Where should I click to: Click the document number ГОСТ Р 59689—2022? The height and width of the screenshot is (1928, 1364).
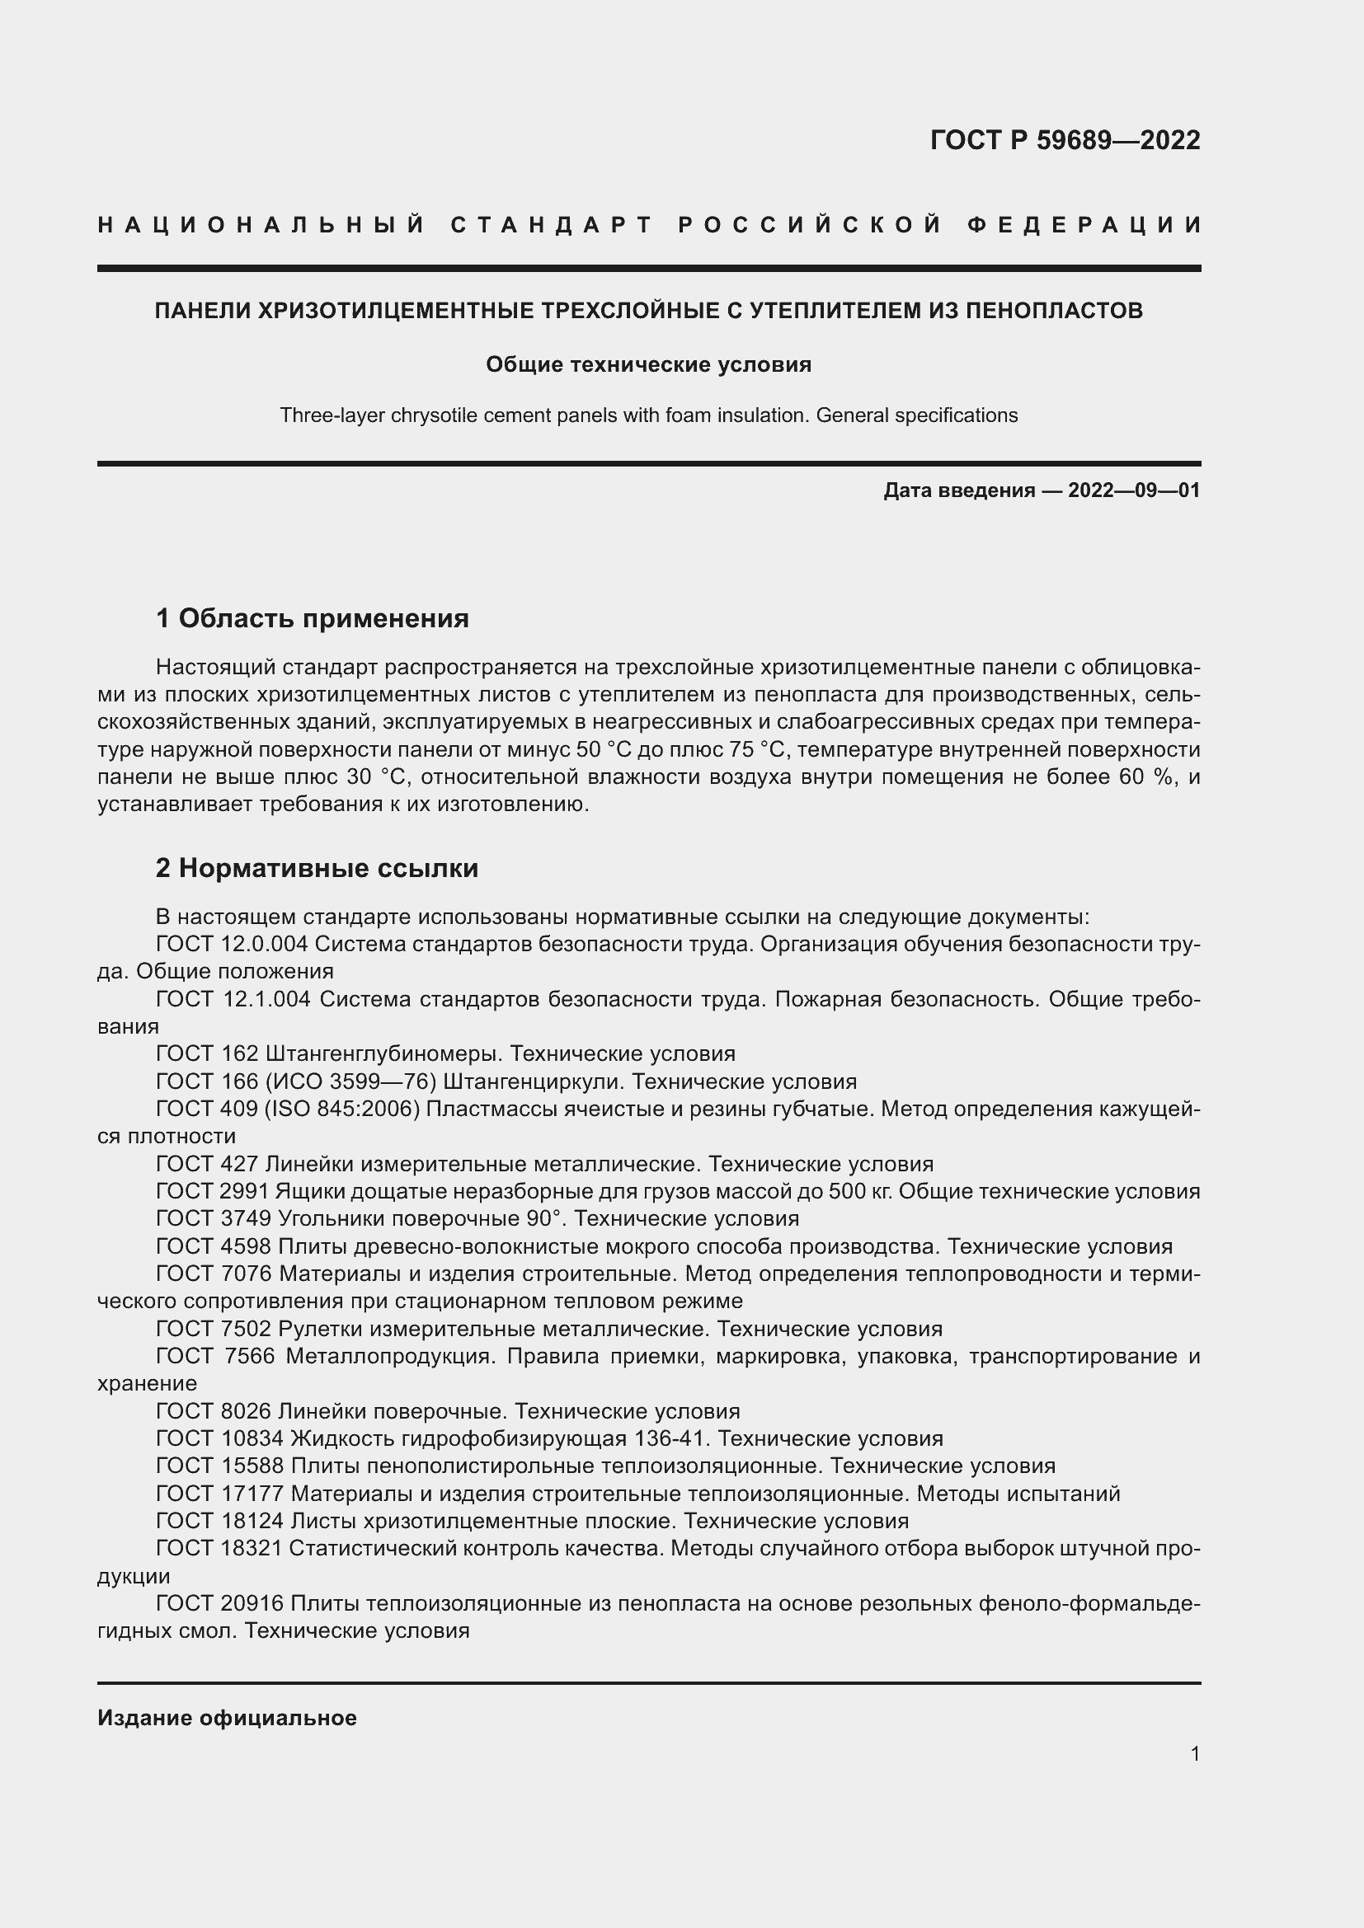tap(1064, 140)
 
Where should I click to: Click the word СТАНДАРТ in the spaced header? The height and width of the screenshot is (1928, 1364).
tap(552, 225)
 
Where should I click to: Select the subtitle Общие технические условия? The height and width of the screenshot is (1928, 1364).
tap(648, 364)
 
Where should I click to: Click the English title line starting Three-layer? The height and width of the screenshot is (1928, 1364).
tap(648, 415)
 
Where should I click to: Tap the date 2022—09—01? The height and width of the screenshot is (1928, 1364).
tap(1134, 490)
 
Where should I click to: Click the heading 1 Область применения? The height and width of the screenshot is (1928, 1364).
tap(313, 619)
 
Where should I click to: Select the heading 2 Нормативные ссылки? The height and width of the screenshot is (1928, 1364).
tap(317, 868)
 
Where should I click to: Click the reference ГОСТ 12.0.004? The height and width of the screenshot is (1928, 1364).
tap(232, 945)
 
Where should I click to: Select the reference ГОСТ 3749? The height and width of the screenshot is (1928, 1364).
tap(214, 1218)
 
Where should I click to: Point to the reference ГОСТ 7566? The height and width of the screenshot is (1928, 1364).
tap(215, 1356)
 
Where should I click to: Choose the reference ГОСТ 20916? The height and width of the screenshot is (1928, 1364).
tap(220, 1604)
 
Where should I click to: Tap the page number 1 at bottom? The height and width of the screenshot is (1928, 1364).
tap(1194, 1753)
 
